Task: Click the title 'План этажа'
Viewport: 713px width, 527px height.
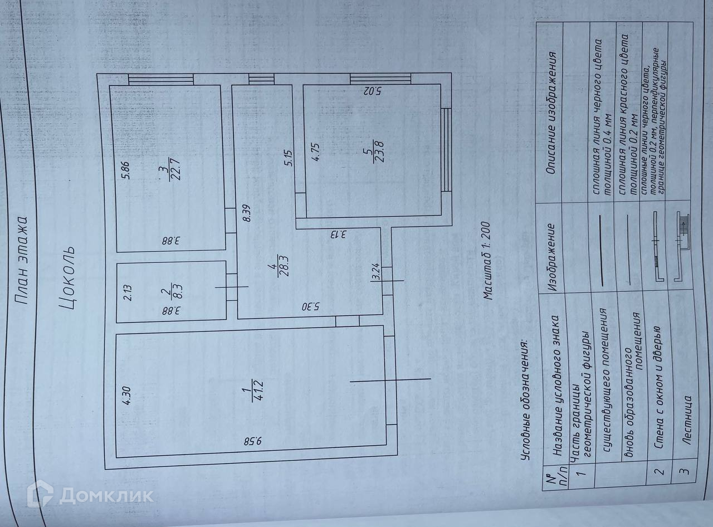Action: pyautogui.click(x=23, y=259)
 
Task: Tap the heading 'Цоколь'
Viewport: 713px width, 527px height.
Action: pyautogui.click(x=66, y=277)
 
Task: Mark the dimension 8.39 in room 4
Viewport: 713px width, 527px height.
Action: pyautogui.click(x=247, y=214)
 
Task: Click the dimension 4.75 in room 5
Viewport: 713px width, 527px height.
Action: pyautogui.click(x=315, y=152)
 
